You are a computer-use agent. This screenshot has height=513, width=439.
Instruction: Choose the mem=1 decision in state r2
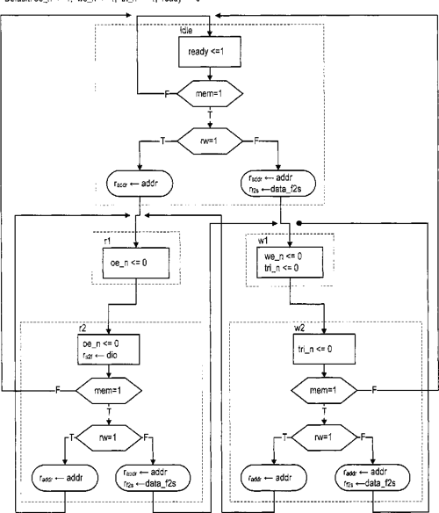pyautogui.click(x=107, y=389)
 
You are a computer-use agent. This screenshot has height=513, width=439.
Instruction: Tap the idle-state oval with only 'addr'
pyautogui.click(x=136, y=185)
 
